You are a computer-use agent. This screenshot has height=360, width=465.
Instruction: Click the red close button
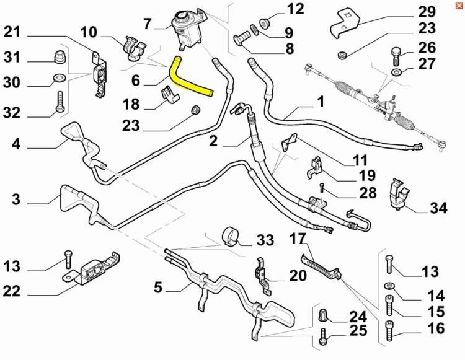pyautogui.click(x=459, y=6)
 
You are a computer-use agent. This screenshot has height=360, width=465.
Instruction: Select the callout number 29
pyautogui.click(x=427, y=12)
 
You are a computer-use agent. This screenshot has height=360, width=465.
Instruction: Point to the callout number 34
pyautogui.click(x=438, y=208)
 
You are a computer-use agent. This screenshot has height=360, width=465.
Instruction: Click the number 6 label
pyautogui.click(x=136, y=81)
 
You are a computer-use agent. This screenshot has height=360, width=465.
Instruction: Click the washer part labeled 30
pyautogui.click(x=58, y=79)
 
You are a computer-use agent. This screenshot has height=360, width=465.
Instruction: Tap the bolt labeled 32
pyautogui.click(x=60, y=102)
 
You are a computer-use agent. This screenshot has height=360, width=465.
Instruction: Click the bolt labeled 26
pyautogui.click(x=396, y=56)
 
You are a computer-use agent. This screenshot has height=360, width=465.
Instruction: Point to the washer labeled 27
pyautogui.click(x=396, y=72)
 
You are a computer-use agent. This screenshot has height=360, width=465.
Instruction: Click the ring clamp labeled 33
pyautogui.click(x=231, y=236)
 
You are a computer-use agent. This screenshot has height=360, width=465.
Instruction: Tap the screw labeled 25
pyautogui.click(x=323, y=337)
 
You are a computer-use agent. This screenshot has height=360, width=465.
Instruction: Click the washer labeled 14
pyautogui.click(x=389, y=286)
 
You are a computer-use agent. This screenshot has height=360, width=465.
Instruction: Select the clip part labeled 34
pyautogui.click(x=399, y=194)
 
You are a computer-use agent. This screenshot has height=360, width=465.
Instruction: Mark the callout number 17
pyautogui.click(x=298, y=239)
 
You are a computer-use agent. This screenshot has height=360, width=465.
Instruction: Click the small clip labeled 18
pyautogui.click(x=170, y=95)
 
